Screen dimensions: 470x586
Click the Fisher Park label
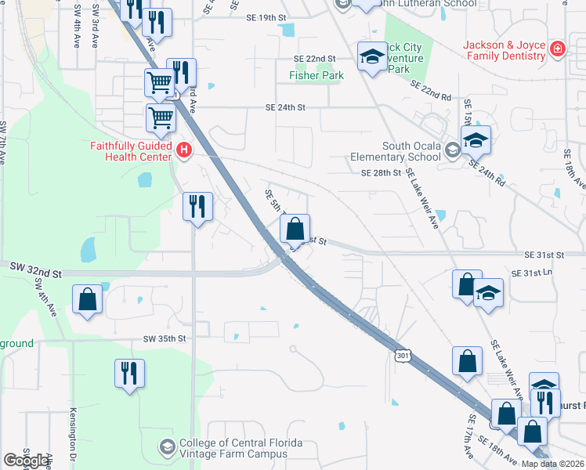click(317, 76)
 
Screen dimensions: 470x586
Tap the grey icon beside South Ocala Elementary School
click(452, 150)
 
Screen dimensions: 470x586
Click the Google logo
click(26, 461)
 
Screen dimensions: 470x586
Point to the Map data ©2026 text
click(552, 464)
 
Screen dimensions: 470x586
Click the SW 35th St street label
click(165, 338)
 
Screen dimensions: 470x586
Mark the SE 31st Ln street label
click(532, 273)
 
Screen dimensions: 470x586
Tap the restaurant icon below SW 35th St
click(128, 372)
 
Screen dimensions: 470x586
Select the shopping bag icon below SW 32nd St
click(87, 298)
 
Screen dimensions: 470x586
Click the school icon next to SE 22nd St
click(371, 56)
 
